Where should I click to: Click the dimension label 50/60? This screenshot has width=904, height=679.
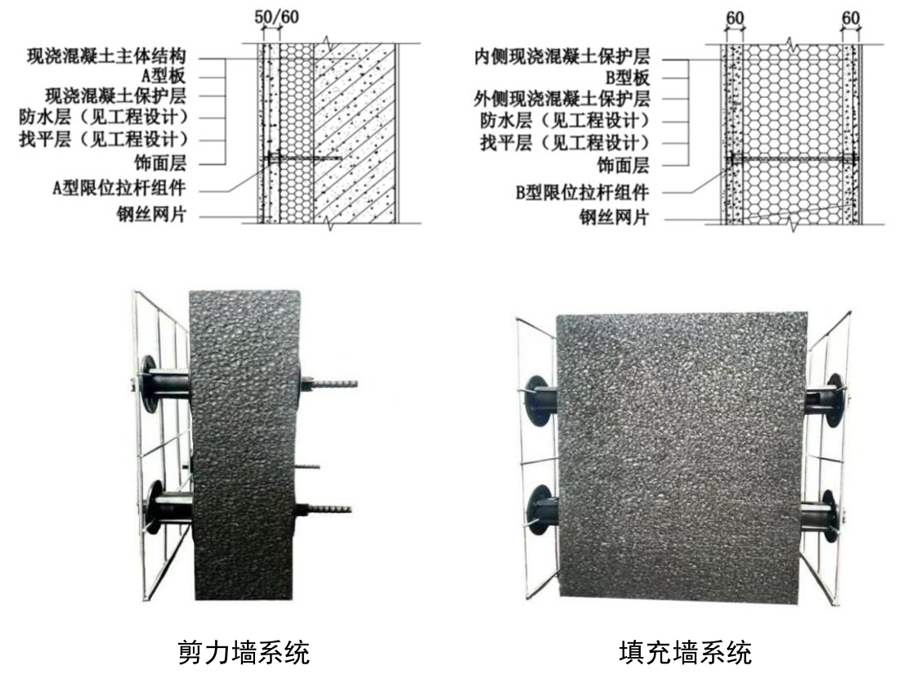point(277,16)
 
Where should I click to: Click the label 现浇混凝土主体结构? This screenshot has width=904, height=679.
point(106,56)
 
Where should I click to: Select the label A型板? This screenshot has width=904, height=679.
point(164,76)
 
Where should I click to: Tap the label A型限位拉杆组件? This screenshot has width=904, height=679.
point(119,188)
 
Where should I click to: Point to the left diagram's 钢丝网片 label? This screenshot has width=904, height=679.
point(152,215)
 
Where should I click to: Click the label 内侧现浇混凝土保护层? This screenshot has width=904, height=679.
point(562,56)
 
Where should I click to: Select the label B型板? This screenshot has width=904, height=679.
point(628,78)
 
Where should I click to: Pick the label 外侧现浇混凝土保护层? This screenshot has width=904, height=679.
point(562,99)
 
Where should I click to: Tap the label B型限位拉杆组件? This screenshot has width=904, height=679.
point(582,192)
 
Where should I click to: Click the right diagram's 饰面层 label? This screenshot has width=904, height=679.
point(623,165)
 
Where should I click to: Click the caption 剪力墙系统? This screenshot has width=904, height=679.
point(244,653)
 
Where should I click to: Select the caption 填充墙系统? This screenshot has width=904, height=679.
point(686,653)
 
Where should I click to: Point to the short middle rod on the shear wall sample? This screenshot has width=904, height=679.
point(307,466)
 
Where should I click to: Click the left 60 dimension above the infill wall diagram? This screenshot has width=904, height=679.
point(735,18)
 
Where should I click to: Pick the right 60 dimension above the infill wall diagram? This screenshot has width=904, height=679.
point(850,18)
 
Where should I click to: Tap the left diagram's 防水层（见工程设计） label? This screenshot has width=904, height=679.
point(104,117)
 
